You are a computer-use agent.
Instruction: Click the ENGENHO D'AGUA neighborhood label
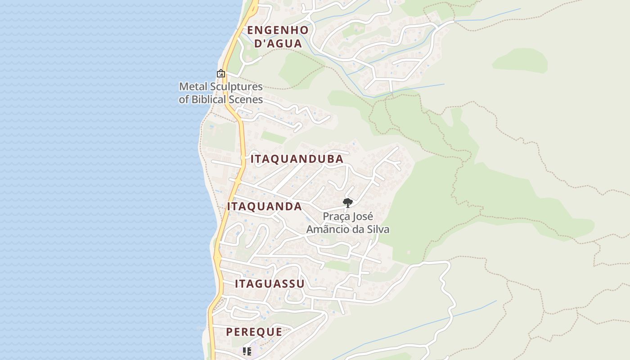(278, 37)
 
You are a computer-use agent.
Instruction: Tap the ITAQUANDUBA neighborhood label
(297, 159)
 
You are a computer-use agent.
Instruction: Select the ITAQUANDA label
(265, 207)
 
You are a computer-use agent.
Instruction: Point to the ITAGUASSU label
(270, 284)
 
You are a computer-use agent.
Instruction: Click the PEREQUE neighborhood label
(254, 332)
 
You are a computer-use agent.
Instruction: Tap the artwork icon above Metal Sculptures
(221, 73)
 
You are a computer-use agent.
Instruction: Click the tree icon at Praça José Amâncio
(347, 203)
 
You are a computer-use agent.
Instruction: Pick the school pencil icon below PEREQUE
(247, 351)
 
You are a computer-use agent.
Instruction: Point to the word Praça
(337, 216)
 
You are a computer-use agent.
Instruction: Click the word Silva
(378, 229)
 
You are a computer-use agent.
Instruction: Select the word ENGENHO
(278, 30)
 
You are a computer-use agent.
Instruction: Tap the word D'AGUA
(278, 44)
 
